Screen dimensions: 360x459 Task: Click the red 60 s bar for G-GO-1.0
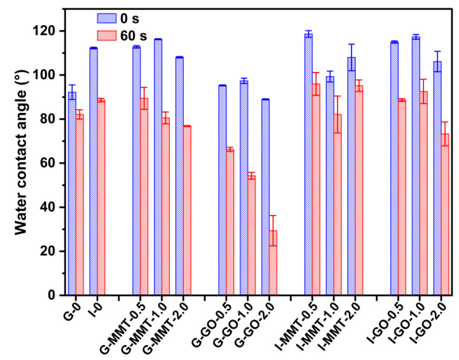(x=251, y=235)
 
